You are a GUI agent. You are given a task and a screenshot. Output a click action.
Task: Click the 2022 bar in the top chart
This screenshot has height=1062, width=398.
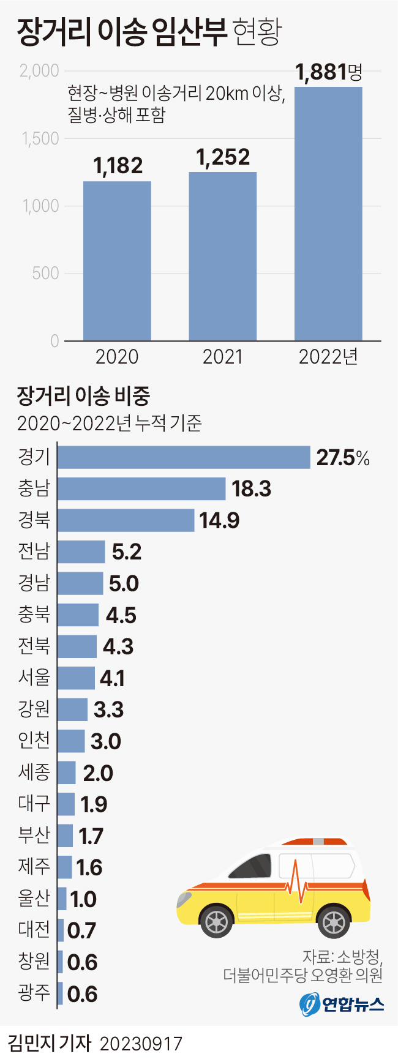pos(328,214)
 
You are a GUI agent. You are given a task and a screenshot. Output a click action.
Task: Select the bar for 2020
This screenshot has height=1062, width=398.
pos(117,261)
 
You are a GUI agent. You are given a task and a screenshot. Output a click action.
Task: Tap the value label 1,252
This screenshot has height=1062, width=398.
pos(223,158)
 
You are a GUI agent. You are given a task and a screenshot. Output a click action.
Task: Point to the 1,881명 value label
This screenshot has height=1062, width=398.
pos(329,73)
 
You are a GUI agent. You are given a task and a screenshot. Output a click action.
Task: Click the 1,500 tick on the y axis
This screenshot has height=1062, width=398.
pos(41,139)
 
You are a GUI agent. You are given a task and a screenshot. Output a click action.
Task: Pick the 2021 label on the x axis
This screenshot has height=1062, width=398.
pos(223,357)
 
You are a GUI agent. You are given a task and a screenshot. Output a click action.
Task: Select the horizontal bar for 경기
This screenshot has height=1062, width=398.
pos(184,457)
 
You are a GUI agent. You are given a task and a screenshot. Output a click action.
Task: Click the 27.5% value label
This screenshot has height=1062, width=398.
pos(343,458)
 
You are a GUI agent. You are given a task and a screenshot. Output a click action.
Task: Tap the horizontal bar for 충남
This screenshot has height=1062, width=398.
pos(141,488)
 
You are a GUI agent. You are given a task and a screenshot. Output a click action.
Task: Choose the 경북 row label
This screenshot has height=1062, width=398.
pos(34,520)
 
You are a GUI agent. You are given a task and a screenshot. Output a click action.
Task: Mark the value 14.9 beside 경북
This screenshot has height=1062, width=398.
pos(219,521)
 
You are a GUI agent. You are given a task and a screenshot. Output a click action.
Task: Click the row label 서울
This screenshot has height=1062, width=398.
pos(34,678)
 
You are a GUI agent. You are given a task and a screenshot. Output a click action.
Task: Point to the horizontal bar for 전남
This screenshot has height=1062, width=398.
pos(81,552)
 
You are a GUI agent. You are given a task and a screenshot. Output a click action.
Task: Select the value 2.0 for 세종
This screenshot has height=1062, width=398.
pos(98,773)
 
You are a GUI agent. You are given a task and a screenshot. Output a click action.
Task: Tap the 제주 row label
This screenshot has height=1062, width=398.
pos(34,867)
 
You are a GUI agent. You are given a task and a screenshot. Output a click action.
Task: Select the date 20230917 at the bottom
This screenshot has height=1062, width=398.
pos(141,1044)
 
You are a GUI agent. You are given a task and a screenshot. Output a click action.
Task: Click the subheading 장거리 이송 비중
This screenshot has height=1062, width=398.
pos(83,396)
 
